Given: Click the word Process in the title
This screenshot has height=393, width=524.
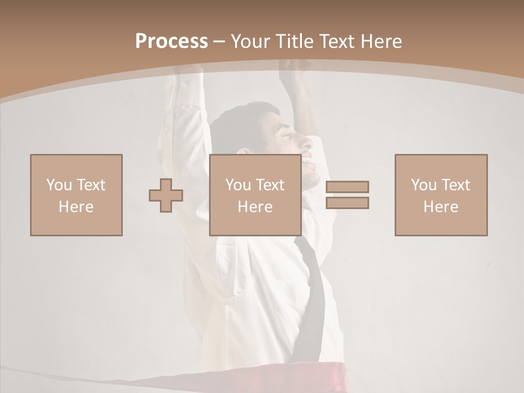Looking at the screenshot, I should [171, 41].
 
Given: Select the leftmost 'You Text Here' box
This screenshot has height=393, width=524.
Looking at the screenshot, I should [76, 195].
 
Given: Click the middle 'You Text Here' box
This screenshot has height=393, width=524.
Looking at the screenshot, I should [255, 195].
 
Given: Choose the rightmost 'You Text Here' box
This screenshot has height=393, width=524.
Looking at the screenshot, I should [440, 195].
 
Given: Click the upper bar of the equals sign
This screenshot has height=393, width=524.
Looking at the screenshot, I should [347, 187].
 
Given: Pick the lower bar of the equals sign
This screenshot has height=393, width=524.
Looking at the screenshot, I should [347, 203].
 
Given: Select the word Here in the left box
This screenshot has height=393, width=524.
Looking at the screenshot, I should [76, 207].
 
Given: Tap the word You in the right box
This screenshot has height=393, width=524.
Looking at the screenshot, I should [424, 185].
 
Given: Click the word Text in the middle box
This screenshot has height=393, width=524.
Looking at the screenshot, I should [270, 185].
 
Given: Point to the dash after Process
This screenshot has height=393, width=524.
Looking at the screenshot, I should [219, 41].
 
